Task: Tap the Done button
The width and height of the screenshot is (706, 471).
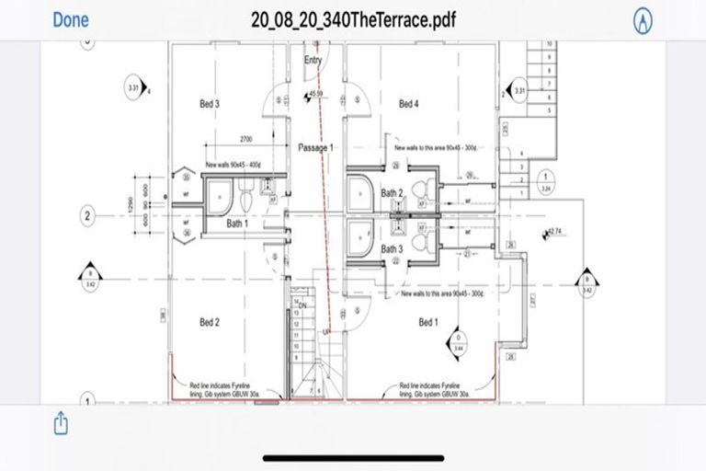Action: click(x=71, y=18)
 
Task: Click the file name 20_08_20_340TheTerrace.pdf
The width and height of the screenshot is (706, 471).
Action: click(x=353, y=19)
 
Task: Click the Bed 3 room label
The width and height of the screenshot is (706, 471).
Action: click(x=210, y=104)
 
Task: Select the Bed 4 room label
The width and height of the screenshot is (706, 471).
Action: click(x=408, y=104)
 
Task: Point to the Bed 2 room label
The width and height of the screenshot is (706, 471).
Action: click(x=210, y=322)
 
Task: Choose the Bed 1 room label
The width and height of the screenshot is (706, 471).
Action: click(x=428, y=322)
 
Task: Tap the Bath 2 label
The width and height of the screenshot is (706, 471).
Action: click(x=392, y=193)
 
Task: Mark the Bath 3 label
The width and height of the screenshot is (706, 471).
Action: click(x=392, y=248)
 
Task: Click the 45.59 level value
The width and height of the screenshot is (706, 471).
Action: click(x=317, y=94)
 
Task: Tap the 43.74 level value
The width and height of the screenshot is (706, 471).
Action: click(x=557, y=231)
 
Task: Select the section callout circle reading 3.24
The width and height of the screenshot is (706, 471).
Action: click(x=547, y=179)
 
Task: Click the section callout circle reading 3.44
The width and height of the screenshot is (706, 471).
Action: click(x=457, y=345)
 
